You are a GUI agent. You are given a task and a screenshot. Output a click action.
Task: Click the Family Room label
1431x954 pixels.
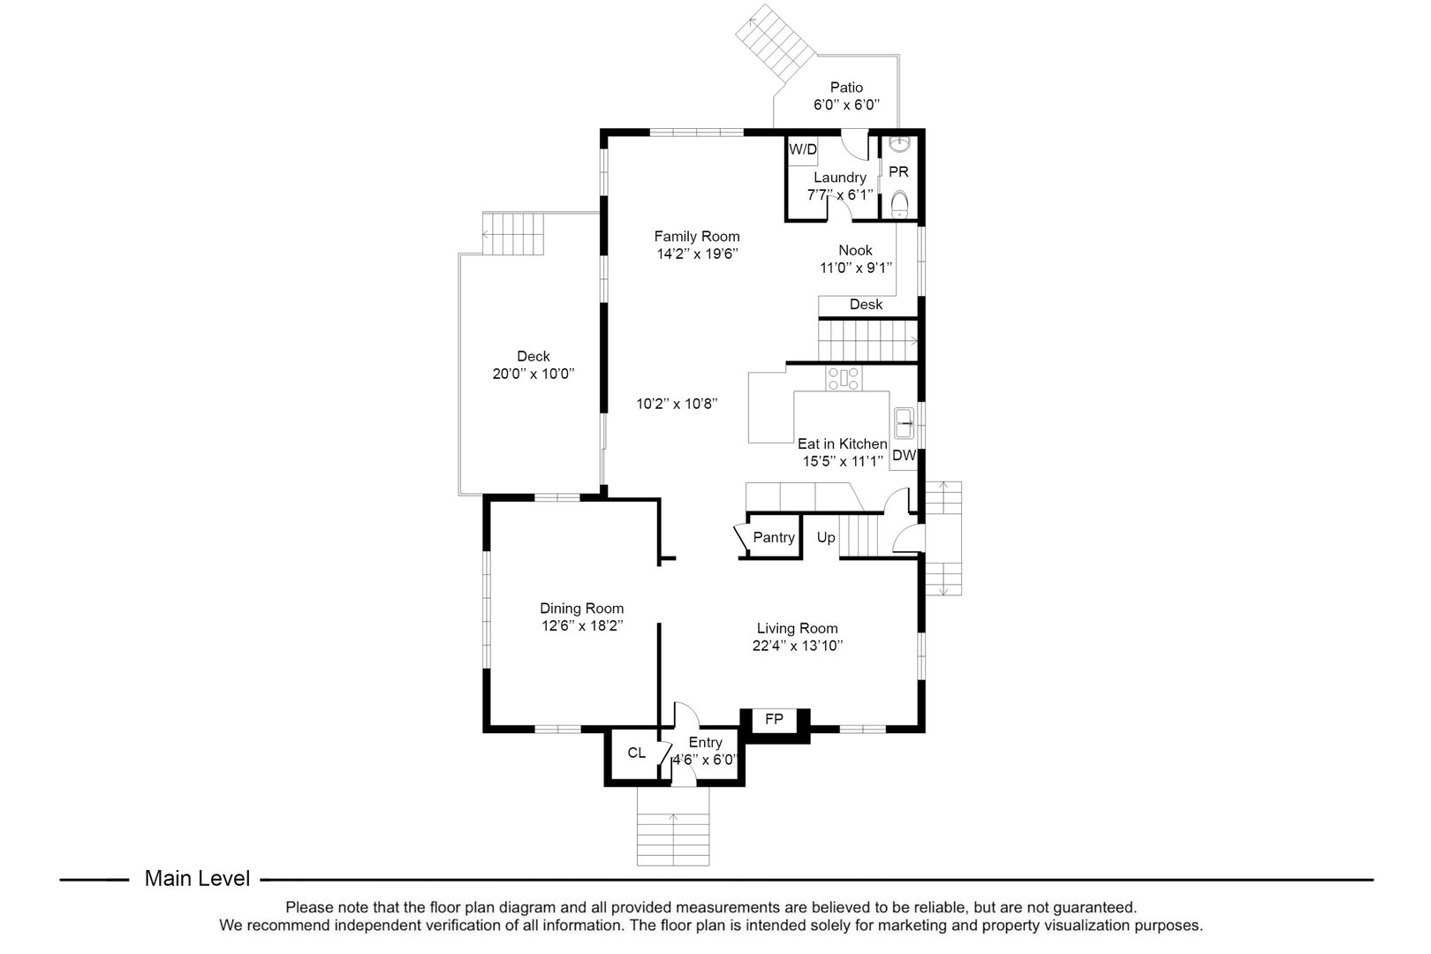click(696, 236)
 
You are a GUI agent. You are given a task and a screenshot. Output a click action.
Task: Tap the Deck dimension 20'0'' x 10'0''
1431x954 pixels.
click(533, 374)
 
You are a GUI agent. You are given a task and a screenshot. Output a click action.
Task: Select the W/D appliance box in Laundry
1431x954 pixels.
click(803, 149)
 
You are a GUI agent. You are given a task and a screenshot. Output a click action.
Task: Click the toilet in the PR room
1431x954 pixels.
click(899, 204)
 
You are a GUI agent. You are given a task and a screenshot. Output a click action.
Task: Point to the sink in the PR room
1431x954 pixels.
click(899, 143)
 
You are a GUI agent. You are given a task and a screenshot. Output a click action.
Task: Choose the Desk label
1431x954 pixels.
click(866, 304)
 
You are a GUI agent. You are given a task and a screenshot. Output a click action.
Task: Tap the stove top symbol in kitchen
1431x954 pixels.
click(843, 379)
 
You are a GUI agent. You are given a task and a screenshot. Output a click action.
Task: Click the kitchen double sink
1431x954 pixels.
click(904, 423)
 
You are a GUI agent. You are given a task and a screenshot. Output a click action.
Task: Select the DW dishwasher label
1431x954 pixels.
click(904, 456)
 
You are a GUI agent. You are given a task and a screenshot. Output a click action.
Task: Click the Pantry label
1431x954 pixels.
click(774, 537)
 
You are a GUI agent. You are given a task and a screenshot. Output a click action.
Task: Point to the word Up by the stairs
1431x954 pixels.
click(826, 537)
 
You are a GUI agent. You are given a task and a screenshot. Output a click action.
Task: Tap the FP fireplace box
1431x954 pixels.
click(774, 720)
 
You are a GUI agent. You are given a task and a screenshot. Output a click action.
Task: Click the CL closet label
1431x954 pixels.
click(637, 753)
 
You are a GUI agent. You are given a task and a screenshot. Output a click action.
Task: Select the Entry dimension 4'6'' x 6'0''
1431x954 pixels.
click(705, 760)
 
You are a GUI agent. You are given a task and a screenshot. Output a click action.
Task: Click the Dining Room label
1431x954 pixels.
click(581, 608)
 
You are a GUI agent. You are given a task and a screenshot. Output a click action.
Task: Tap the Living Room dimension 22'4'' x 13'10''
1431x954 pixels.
click(797, 646)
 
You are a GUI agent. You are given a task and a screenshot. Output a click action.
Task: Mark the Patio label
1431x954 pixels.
click(846, 87)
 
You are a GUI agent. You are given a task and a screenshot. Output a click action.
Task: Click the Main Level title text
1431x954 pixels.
click(197, 879)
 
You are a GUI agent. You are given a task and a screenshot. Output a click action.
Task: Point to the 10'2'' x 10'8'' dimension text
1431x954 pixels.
click(677, 404)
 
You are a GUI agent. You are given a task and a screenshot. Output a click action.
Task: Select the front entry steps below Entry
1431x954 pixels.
click(673, 839)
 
